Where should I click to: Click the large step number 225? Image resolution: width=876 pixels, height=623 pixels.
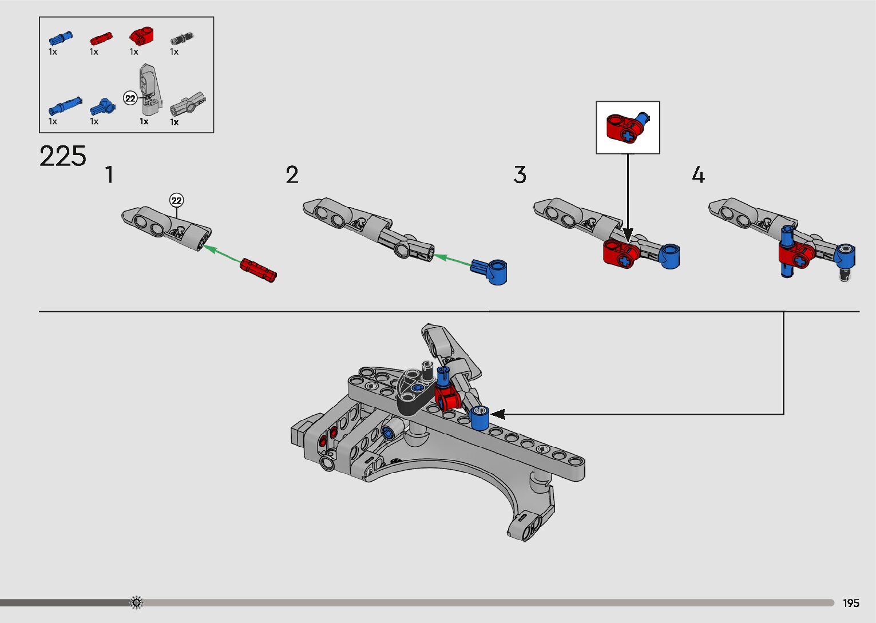click(62, 156)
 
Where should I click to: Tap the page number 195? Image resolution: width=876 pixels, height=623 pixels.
click(851, 603)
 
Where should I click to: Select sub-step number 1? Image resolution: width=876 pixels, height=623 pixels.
click(109, 175)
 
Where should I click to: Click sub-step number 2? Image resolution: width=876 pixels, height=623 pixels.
click(292, 175)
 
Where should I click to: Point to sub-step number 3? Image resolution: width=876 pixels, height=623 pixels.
click(520, 175)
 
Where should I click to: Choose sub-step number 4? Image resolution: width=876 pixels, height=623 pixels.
click(698, 175)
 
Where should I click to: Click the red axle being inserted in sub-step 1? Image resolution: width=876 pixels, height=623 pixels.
click(258, 269)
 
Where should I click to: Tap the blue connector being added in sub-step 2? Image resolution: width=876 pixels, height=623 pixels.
click(490, 271)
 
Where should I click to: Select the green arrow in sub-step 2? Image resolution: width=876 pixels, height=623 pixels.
click(453, 261)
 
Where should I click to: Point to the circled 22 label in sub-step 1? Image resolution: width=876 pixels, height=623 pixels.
click(177, 200)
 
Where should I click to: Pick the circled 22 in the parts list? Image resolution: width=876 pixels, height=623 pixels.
click(130, 98)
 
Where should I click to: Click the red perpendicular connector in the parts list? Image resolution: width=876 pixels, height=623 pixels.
click(141, 37)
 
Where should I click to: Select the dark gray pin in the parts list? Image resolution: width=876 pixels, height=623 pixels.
click(182, 39)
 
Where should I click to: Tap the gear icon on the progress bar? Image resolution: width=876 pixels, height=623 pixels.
click(136, 602)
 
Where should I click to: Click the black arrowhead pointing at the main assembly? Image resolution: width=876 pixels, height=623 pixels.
click(497, 414)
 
